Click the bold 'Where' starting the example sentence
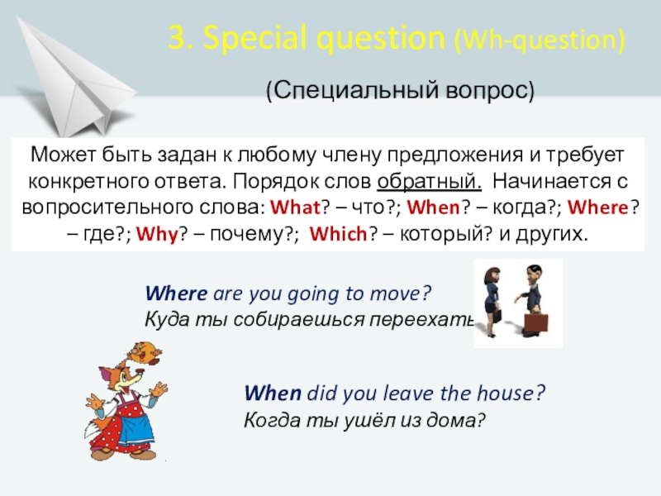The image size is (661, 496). (x=177, y=293)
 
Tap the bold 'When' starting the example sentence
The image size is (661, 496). (x=273, y=393)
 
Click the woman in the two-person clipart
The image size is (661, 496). (x=489, y=302)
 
